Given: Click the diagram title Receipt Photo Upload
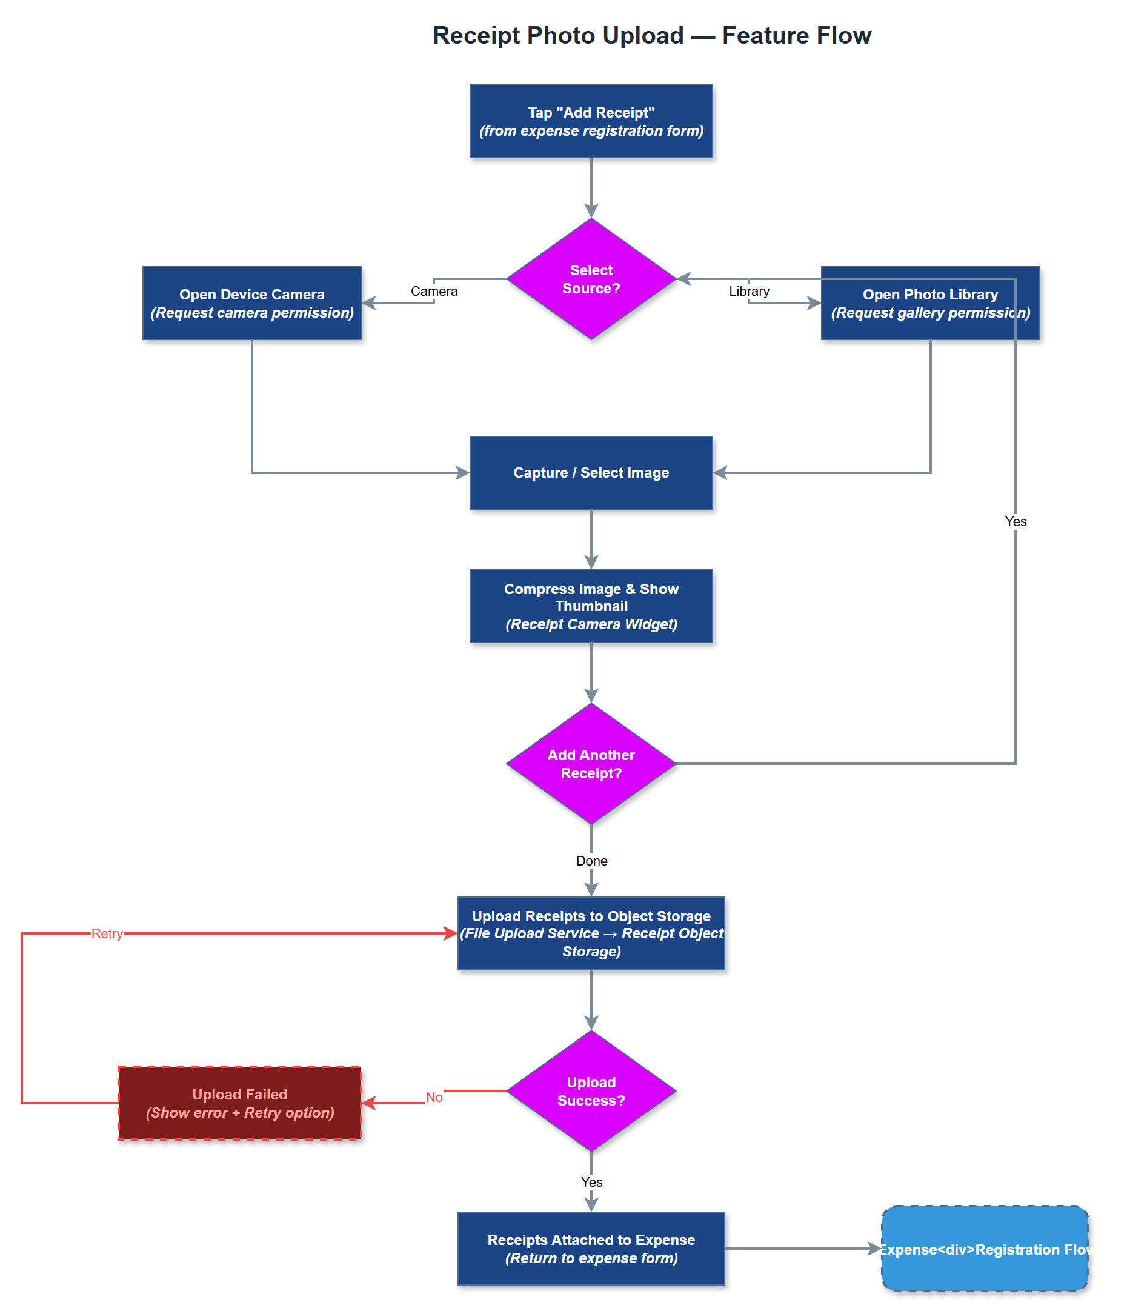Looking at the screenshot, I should (651, 35).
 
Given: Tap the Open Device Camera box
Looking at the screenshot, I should (251, 303).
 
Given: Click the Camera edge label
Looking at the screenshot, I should (434, 291).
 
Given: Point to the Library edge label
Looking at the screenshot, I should (748, 291).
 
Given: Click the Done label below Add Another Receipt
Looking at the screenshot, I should (591, 861).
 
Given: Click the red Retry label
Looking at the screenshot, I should (107, 933).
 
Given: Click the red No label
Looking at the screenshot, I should (434, 1097).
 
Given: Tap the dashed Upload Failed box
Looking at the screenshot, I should (239, 1103).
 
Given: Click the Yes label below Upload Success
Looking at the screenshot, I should (591, 1181).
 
